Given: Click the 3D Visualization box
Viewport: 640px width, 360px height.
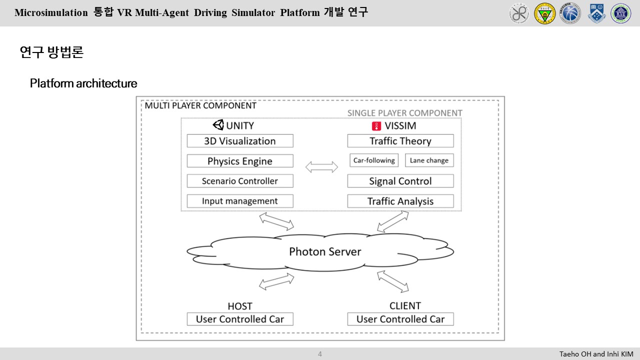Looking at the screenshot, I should [x=240, y=141].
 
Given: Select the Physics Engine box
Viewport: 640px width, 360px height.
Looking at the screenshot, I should [x=240, y=161].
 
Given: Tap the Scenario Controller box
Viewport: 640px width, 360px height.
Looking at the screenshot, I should [x=240, y=181].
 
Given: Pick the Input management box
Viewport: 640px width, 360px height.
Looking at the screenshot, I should [x=240, y=201].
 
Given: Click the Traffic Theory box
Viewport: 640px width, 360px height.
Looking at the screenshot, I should [x=400, y=141].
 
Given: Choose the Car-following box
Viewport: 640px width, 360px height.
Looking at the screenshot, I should [x=374, y=160].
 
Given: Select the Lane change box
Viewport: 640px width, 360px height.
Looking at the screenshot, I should [x=429, y=160].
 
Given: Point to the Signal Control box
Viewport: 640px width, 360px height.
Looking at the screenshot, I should [x=400, y=181].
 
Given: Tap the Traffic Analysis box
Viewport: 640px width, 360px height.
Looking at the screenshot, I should [x=400, y=201].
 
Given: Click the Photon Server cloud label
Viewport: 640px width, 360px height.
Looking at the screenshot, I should [x=325, y=251].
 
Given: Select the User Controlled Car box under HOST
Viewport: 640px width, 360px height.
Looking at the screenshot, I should [x=240, y=319].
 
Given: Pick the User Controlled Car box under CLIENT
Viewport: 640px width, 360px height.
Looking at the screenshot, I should [x=400, y=319].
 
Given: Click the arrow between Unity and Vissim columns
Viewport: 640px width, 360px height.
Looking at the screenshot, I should [x=321, y=167].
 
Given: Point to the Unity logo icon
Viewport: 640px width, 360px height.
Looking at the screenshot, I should [x=218, y=125].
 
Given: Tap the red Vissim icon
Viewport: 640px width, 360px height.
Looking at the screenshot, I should [x=376, y=125].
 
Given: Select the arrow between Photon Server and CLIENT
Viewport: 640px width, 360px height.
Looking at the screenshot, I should [x=392, y=281].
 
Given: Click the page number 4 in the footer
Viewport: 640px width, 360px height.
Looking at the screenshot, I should [x=320, y=354].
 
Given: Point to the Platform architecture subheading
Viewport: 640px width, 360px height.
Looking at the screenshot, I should [x=83, y=83].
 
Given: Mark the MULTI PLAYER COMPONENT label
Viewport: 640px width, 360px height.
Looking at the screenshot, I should [x=200, y=105].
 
